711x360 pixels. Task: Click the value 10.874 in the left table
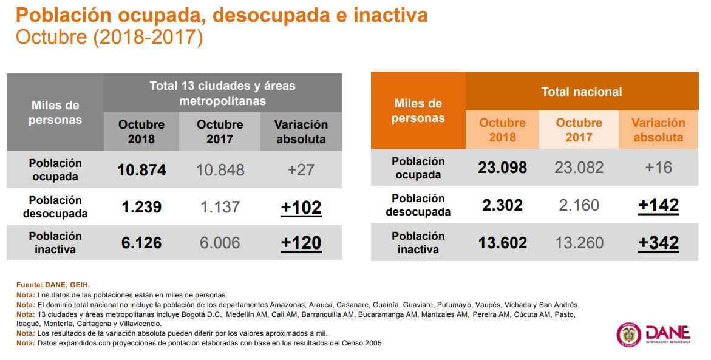coord(141,170)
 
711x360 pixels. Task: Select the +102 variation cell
coord(301,208)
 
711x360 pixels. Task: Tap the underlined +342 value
coord(658,243)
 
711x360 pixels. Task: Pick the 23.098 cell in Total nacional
coord(502,168)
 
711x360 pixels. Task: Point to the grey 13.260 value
coord(579,243)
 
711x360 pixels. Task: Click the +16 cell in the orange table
coord(658,168)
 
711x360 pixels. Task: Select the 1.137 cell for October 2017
coord(220,208)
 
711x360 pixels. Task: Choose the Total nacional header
coord(582,92)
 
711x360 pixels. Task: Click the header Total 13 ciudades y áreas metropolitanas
coord(222,93)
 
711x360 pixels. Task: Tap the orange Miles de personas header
coord(418,110)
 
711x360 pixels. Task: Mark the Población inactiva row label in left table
coord(55,242)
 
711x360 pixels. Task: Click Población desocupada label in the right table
coord(418,205)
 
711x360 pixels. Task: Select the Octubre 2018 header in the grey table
coord(141,131)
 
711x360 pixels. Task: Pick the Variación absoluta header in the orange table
coord(658,130)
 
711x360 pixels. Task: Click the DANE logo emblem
coord(628,335)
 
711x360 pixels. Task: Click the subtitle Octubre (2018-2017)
coord(109,37)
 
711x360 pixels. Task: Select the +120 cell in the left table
coord(301,243)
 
